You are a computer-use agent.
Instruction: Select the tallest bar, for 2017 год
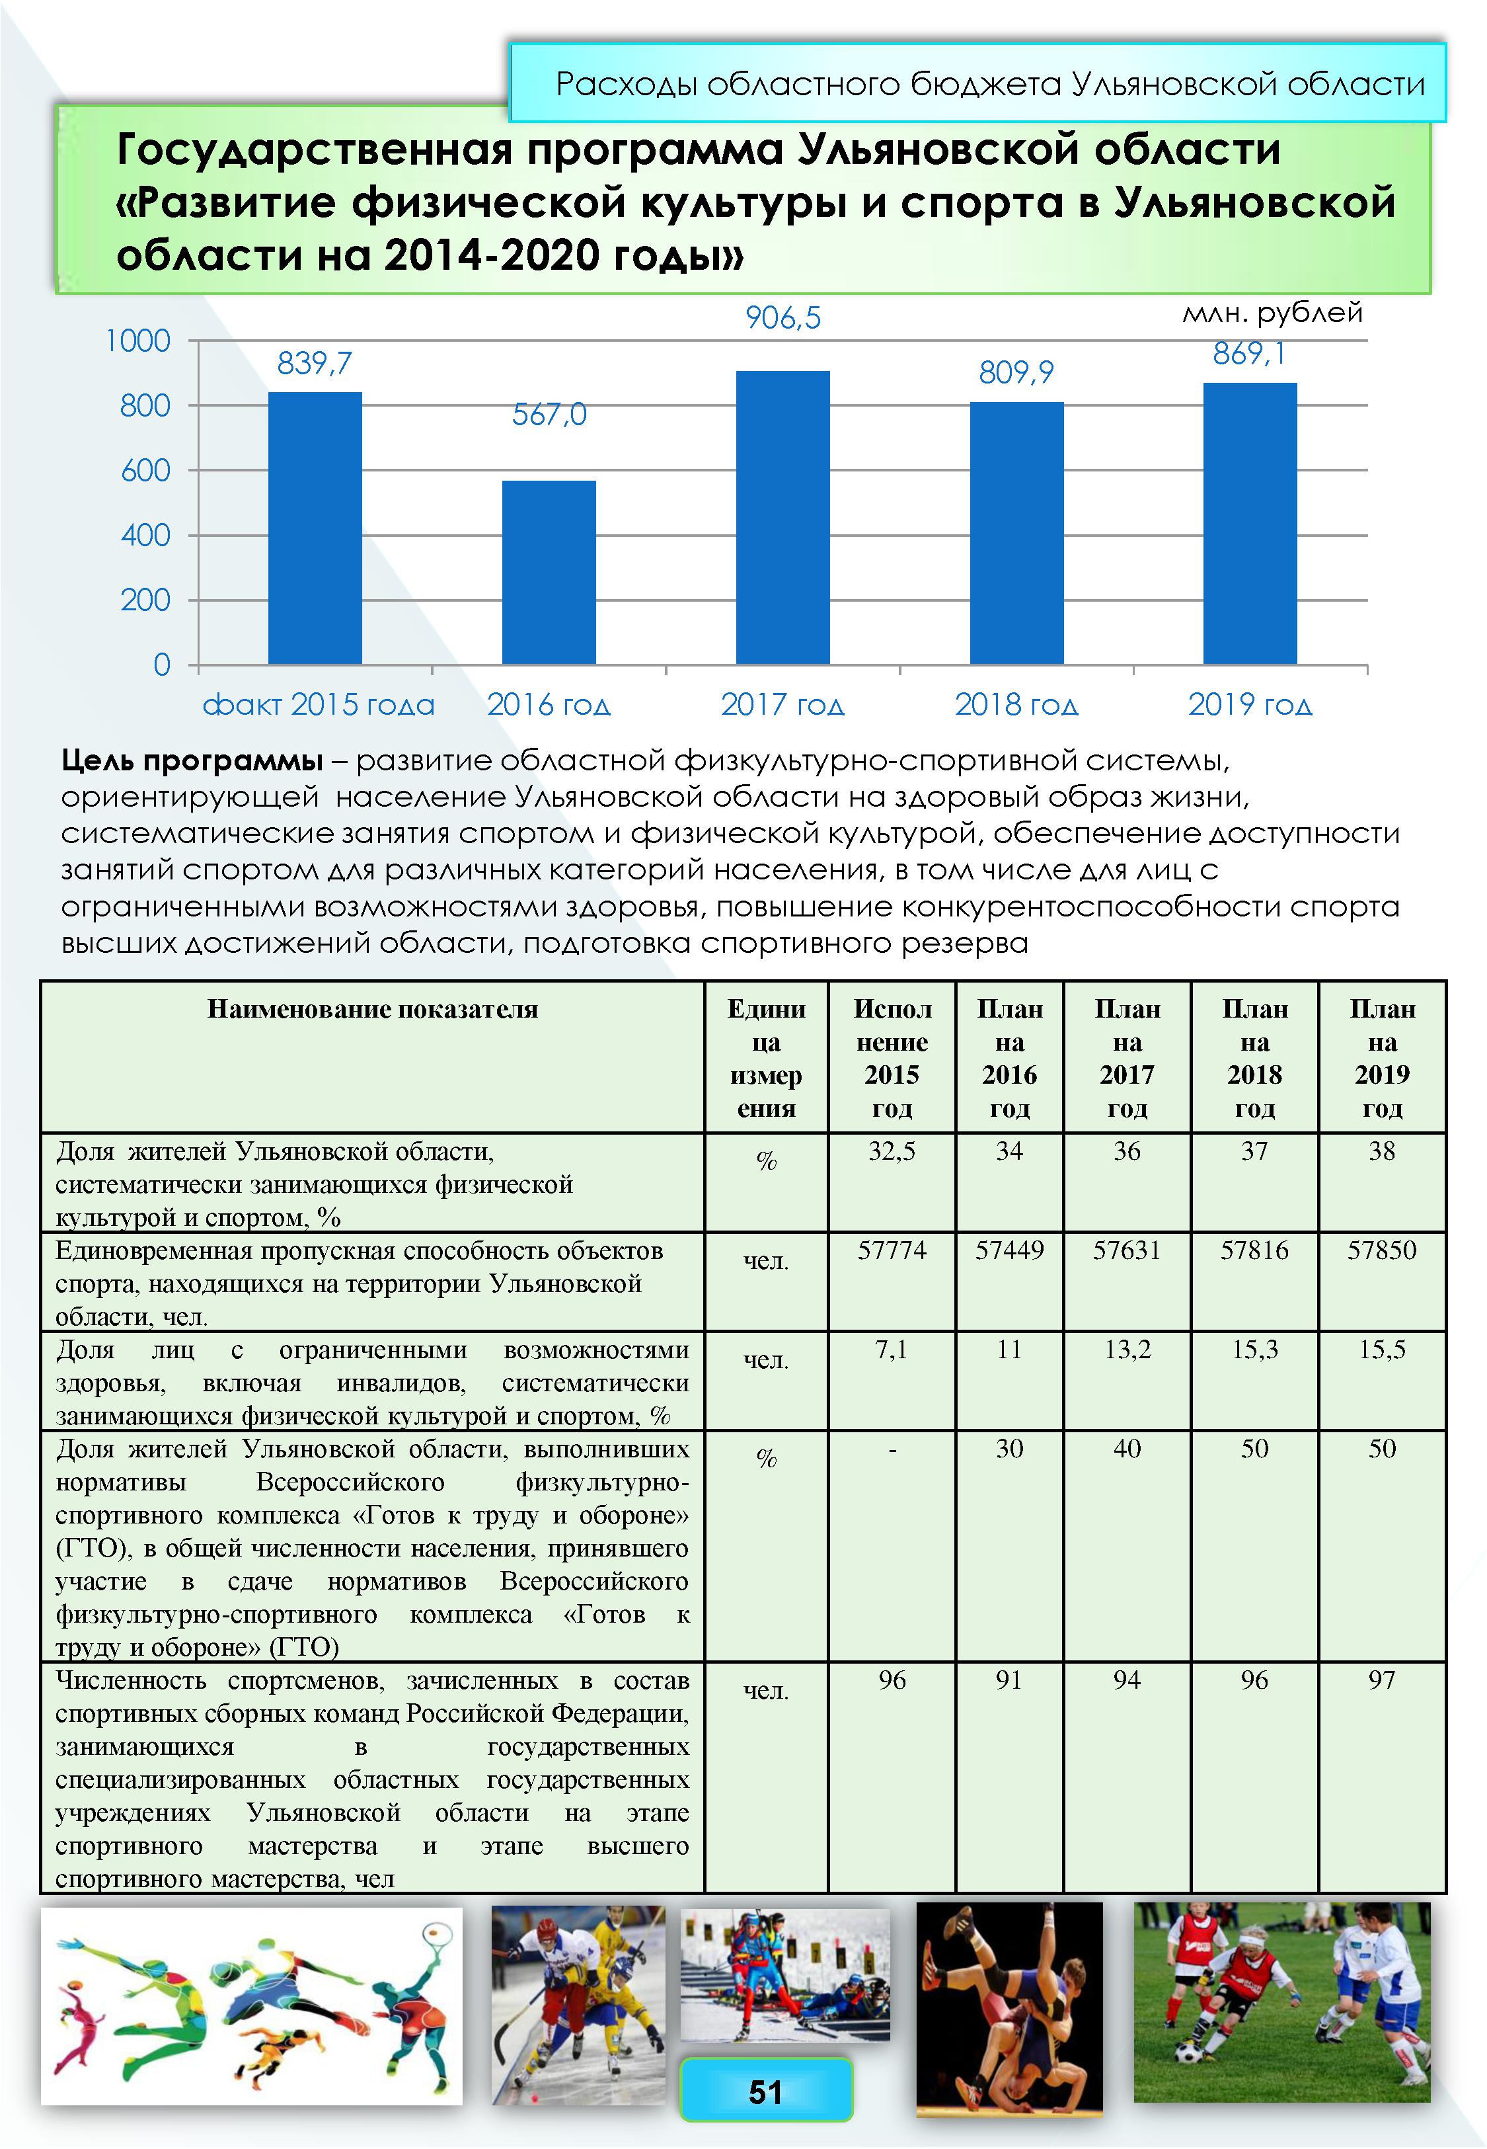[782, 517]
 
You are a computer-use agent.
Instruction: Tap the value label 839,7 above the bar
[315, 364]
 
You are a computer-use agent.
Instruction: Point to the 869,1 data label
[1250, 354]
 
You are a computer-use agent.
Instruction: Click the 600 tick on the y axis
[146, 471]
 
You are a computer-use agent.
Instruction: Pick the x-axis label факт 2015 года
[319, 704]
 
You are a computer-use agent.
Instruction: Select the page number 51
[766, 2092]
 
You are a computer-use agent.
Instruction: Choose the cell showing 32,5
[892, 1152]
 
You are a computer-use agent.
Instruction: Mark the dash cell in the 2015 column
[892, 1450]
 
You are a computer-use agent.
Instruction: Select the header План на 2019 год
[1382, 1058]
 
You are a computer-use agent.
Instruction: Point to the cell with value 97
[1382, 1680]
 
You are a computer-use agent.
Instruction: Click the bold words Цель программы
[192, 761]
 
